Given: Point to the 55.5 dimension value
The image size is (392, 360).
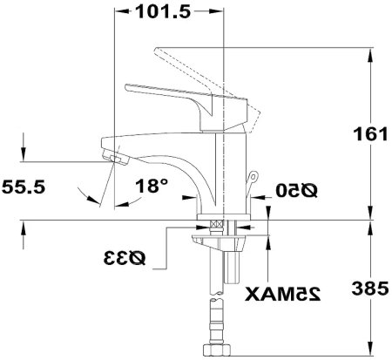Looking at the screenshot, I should tap(24, 187).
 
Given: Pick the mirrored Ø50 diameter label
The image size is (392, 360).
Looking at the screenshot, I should tap(295, 189).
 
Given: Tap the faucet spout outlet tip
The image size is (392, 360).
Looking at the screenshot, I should tap(112, 158).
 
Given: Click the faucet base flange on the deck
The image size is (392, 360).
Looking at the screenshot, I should tap(224, 216).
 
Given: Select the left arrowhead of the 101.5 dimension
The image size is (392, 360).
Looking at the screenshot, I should tap(119, 12).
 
